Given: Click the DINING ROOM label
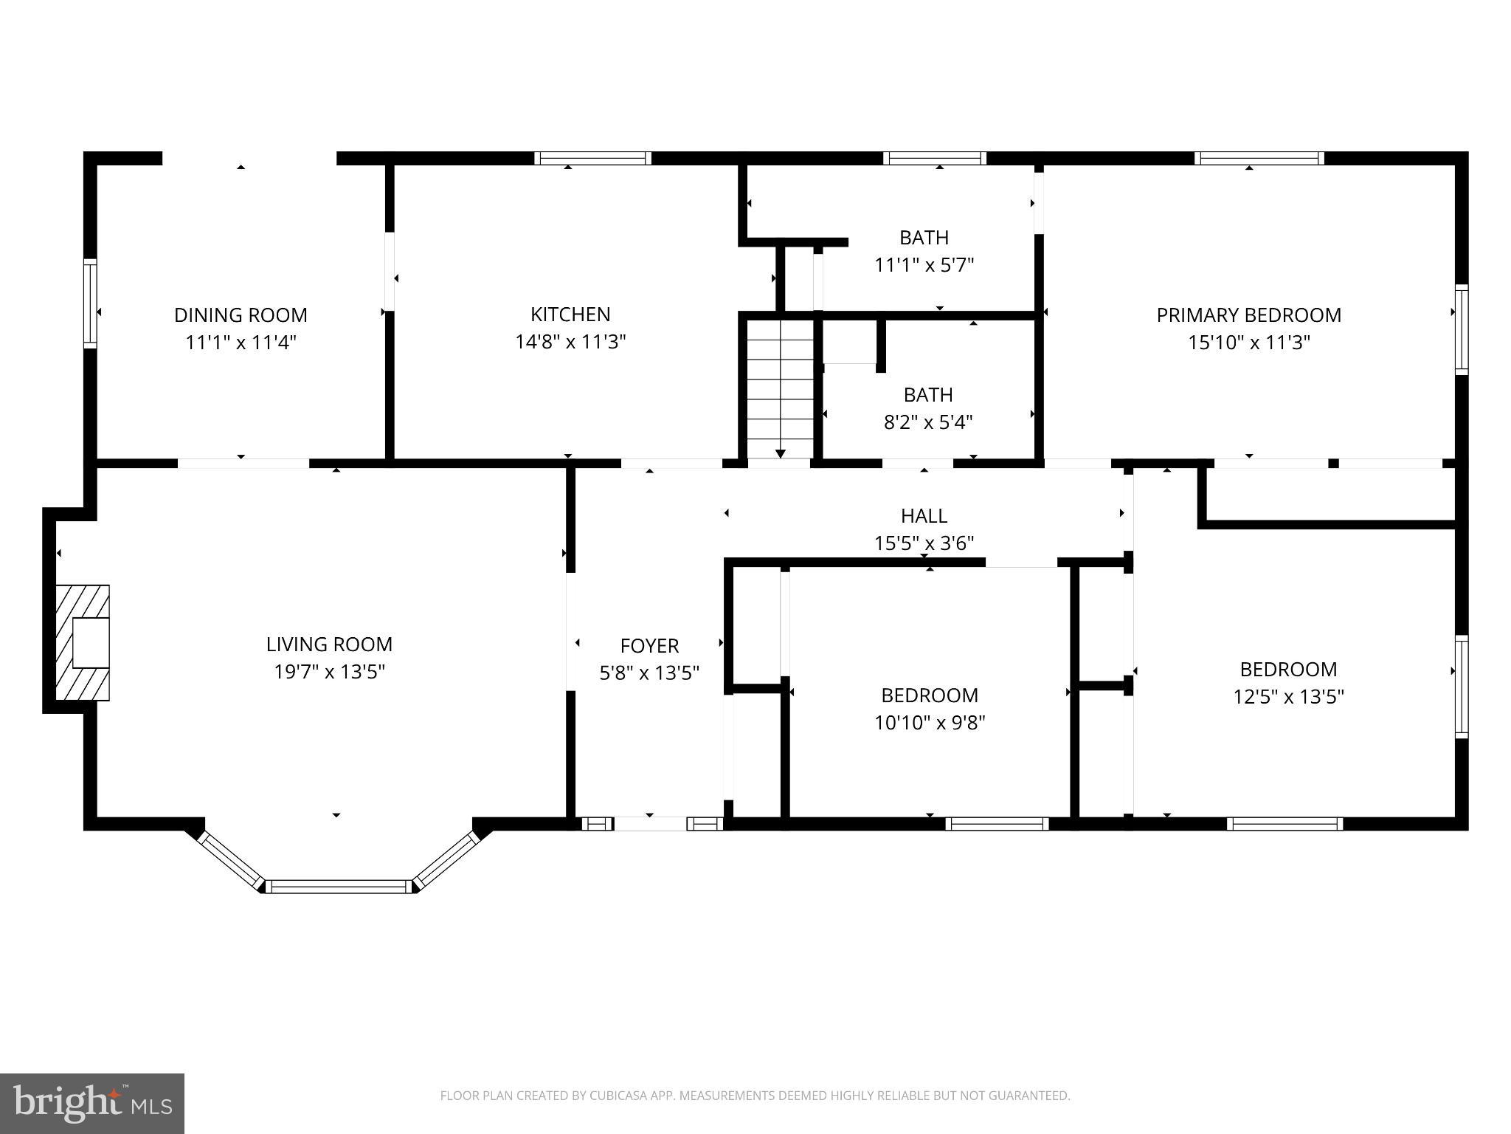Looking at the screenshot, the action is pos(241,315).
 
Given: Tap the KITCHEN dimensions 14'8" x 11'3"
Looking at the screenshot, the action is pos(570,342).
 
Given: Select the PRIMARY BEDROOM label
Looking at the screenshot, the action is pos(1248,315).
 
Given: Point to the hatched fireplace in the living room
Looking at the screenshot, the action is pos(83,642).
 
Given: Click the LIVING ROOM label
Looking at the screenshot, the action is pos(329,645).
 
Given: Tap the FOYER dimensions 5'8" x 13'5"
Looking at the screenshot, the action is pos(649,673).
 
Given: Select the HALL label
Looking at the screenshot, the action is pos(924,515).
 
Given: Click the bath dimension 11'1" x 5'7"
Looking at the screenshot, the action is pos(924,264).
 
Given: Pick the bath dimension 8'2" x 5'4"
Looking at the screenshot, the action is pos(928,422).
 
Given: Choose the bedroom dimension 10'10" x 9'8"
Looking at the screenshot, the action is pos(930,722).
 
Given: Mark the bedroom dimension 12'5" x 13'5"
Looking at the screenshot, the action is pos(1288,697).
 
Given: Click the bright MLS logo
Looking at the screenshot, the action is pos(92,1104).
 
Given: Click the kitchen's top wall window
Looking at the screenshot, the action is pos(592,158).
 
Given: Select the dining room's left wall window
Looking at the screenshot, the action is pos(90,303).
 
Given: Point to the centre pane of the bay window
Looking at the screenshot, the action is pos(339,887).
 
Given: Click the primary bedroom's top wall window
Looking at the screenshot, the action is pos(1259,158).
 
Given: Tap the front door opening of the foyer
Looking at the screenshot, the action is pos(650,824).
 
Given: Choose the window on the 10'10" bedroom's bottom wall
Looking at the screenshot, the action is pos(997,824).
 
